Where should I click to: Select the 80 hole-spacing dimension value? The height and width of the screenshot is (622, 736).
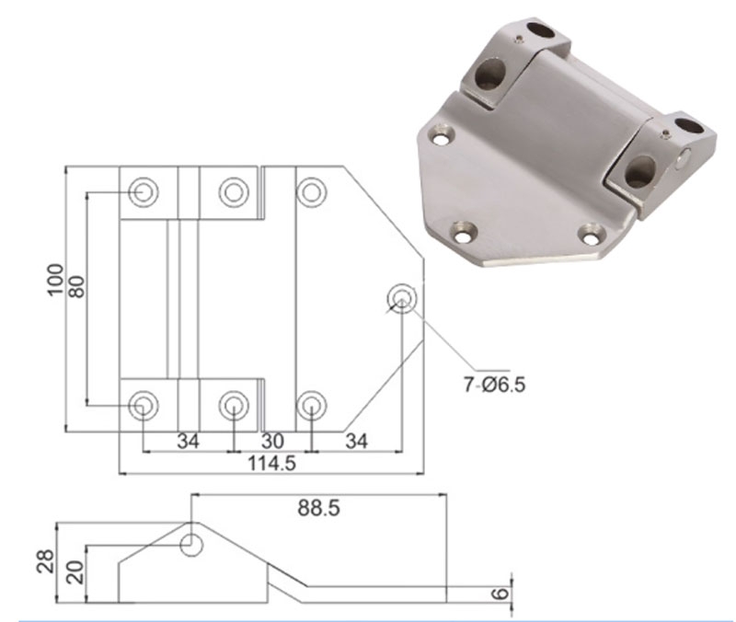76,285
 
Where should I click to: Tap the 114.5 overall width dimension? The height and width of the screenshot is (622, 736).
271,464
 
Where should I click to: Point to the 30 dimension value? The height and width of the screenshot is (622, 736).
273,441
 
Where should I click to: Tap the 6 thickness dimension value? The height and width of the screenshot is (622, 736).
500,593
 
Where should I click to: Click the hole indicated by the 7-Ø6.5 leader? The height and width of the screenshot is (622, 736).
402,297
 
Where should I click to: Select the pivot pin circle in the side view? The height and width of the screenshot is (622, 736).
191,544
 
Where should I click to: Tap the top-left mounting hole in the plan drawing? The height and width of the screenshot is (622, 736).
143,191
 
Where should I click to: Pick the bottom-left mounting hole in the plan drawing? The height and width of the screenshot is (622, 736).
143,404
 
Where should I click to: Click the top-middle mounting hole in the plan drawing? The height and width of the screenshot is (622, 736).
233,191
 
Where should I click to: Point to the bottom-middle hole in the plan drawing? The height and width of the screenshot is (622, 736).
233,404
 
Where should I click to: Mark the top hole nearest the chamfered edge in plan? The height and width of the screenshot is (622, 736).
312,191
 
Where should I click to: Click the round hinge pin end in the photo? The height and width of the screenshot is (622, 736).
684,158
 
